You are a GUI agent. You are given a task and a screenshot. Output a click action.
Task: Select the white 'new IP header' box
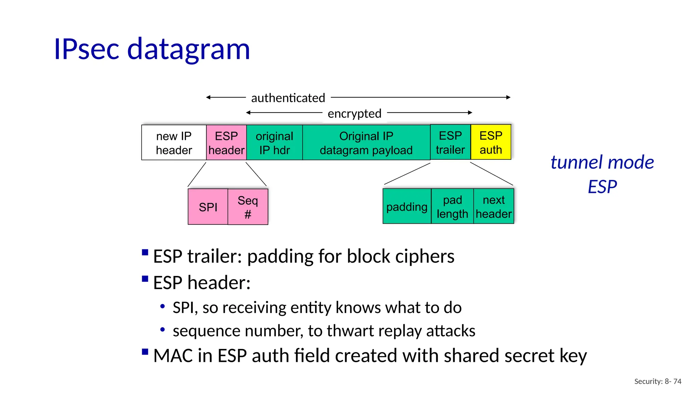tap(174, 143)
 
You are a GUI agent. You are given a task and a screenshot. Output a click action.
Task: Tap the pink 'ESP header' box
tap(226, 143)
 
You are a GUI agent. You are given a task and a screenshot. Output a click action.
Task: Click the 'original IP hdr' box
tap(274, 143)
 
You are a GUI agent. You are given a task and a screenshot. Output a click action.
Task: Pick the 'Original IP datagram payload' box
tap(366, 143)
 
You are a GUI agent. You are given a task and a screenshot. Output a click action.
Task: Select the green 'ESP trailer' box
tap(450, 142)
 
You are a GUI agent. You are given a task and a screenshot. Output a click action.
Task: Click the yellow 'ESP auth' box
tap(491, 142)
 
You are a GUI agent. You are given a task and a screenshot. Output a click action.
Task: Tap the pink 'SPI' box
tap(208, 207)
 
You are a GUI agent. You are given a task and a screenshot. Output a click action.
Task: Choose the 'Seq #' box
tap(248, 207)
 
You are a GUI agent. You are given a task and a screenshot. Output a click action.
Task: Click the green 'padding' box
tap(407, 207)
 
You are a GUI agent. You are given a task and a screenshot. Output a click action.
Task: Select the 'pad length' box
tap(452, 207)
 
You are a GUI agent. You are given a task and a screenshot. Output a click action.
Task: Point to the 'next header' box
tap(494, 207)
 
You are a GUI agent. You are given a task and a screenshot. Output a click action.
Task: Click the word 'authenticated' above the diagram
tap(288, 98)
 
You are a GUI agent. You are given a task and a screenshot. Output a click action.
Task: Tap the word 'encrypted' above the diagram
tap(354, 114)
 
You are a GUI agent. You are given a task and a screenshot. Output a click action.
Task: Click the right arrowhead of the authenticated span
tap(509, 97)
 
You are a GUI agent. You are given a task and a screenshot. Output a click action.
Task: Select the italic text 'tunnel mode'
tap(602, 162)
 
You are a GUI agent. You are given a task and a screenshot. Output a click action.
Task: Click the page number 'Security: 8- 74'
tap(658, 381)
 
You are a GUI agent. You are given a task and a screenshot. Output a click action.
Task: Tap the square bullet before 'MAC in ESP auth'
tap(145, 352)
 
